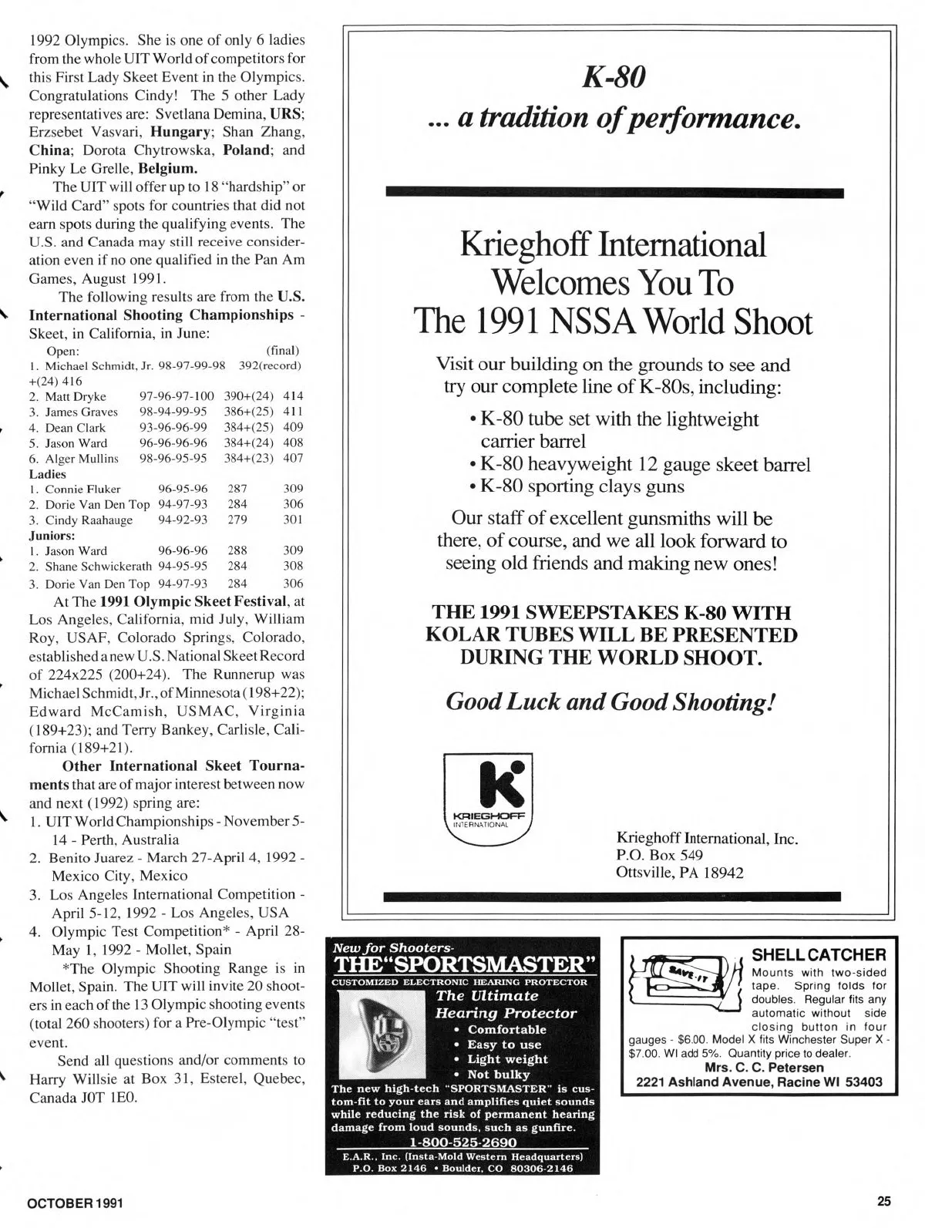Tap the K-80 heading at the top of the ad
[614, 76]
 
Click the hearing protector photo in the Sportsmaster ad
[382, 1032]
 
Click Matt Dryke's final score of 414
[293, 396]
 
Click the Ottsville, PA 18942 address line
[680, 873]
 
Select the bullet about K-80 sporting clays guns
[582, 486]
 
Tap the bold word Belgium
[168, 167]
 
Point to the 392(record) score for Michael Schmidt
[269, 365]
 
